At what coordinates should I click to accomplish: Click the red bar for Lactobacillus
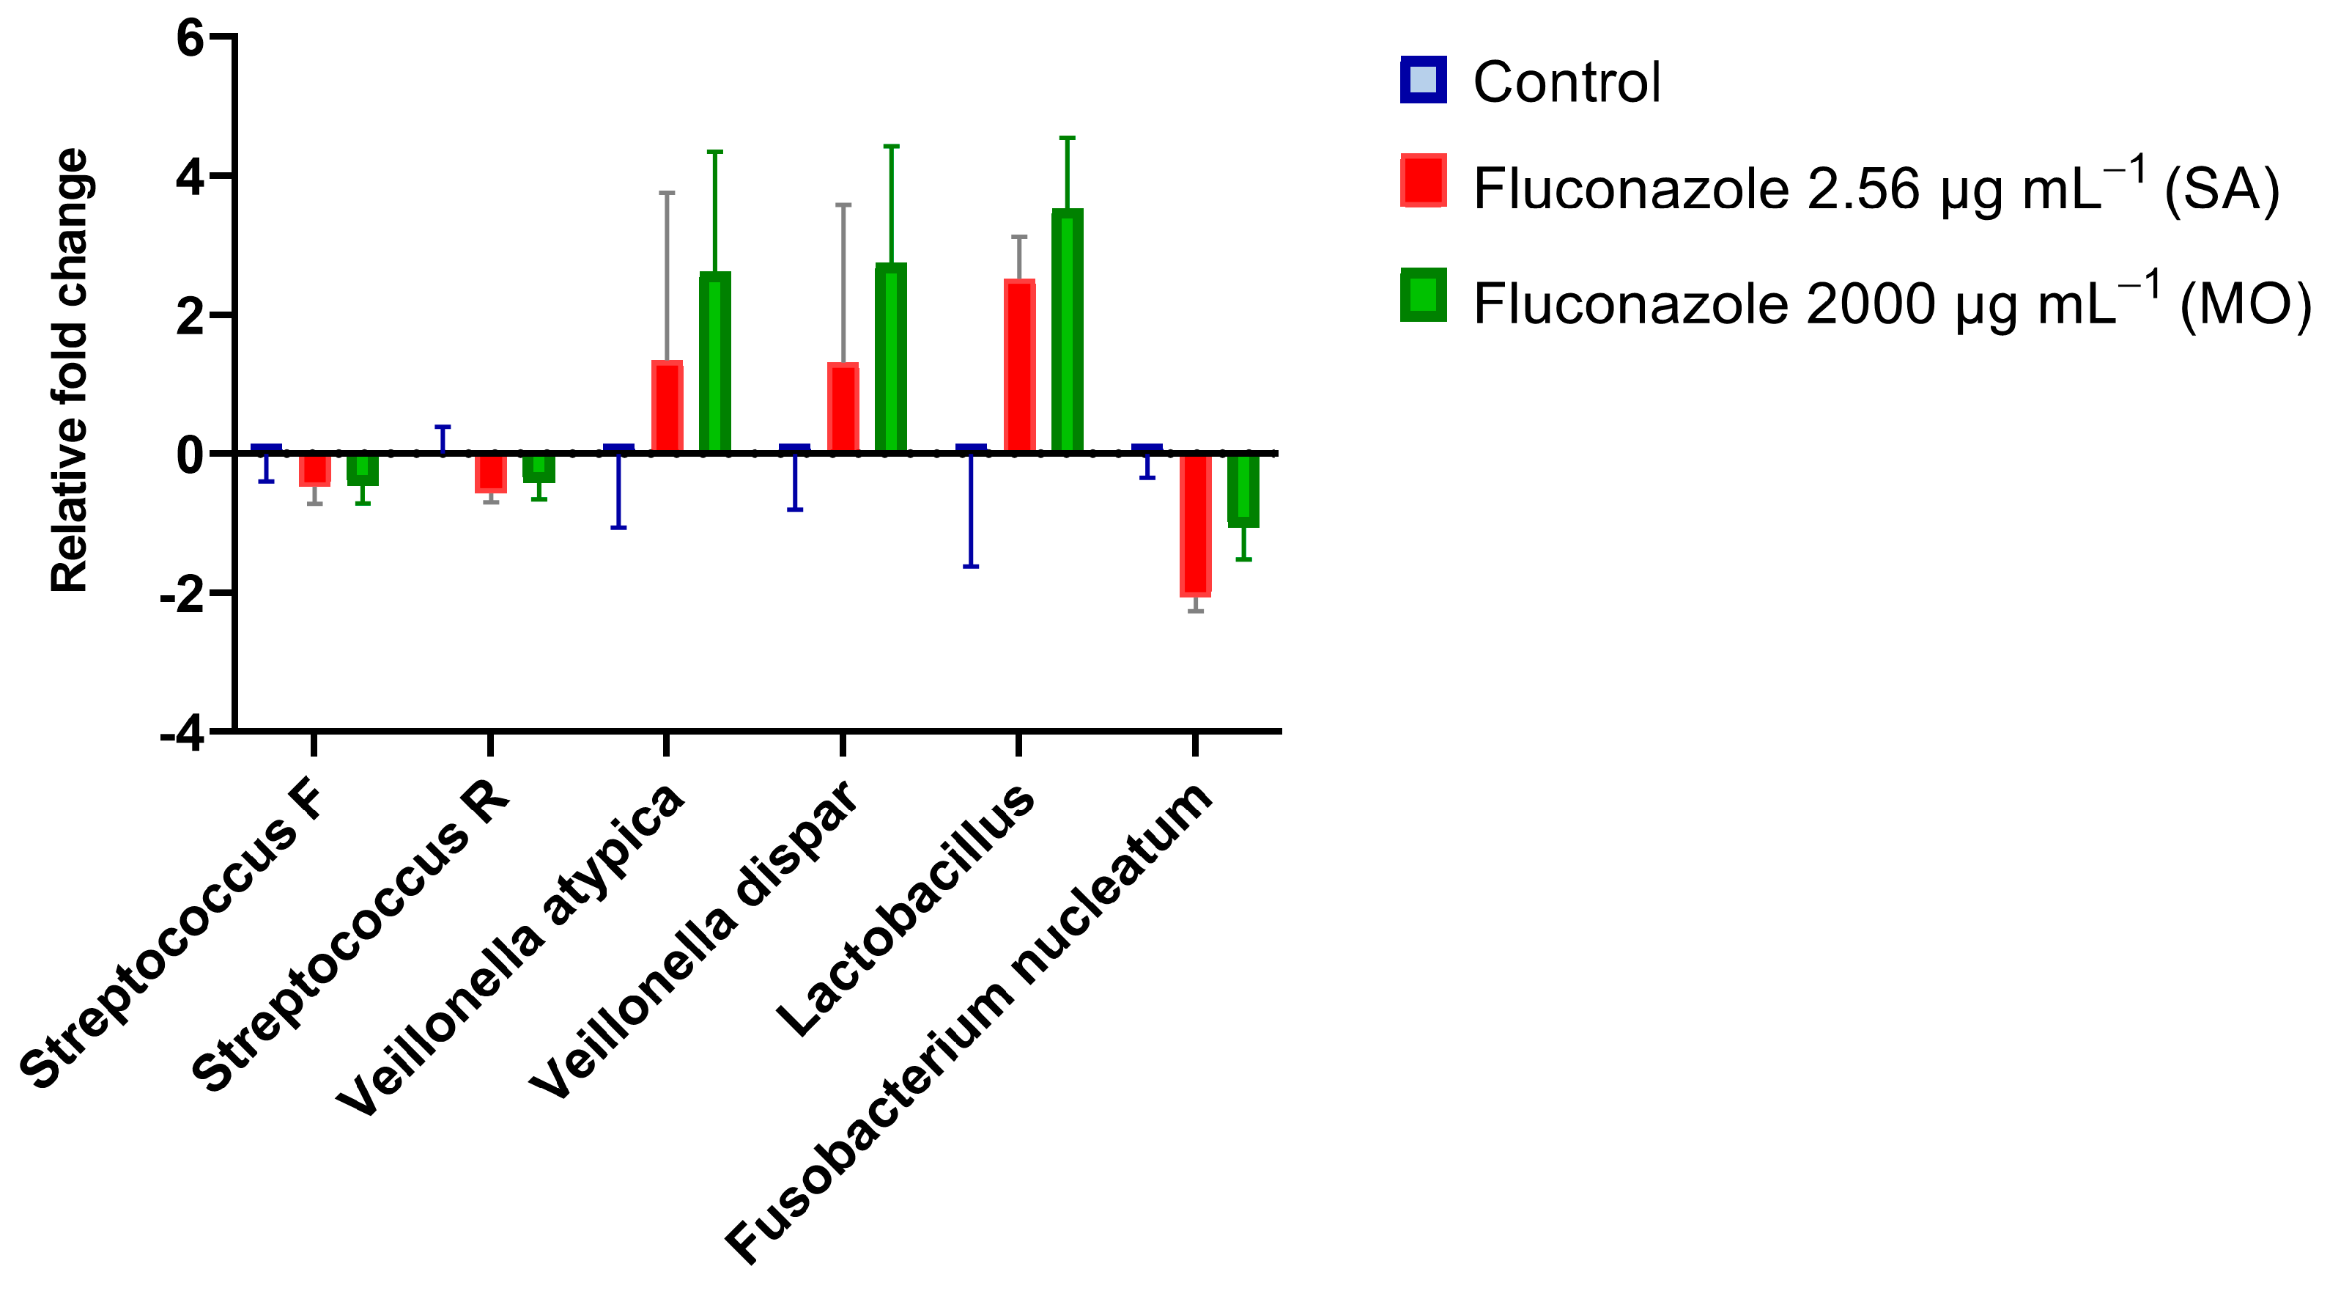1019,367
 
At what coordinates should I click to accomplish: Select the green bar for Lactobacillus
1068,331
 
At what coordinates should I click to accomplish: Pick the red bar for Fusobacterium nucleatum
1196,525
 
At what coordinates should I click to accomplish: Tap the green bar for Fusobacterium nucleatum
1243,490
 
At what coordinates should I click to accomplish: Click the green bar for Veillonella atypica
714,362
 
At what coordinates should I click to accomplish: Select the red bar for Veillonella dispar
843,407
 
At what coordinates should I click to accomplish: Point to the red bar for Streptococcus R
491,473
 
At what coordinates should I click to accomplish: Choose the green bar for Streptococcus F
363,469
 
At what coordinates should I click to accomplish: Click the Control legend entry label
1567,82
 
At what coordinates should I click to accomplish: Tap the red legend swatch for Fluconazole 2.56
1423,181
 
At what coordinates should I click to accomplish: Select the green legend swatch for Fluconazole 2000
1423,295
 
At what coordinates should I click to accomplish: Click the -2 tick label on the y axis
181,595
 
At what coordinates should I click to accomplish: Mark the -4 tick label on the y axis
181,733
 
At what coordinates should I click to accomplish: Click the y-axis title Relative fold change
70,371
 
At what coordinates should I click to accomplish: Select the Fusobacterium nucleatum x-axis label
968,1022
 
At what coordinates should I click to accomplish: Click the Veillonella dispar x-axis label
692,941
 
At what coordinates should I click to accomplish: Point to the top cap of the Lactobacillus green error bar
1068,138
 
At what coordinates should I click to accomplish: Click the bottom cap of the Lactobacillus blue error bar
971,567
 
